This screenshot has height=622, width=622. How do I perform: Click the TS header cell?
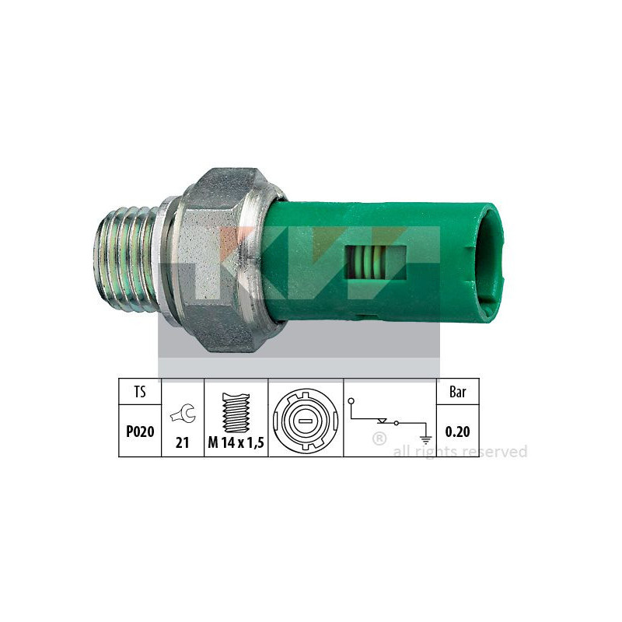pos(140,392)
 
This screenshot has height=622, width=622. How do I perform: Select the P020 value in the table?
pos(140,432)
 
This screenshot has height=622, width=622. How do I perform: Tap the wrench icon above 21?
pos(183,414)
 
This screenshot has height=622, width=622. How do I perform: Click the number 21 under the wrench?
pos(182,442)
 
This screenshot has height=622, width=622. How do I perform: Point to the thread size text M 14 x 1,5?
pos(236,442)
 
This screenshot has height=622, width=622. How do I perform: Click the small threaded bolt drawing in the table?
pos(236,413)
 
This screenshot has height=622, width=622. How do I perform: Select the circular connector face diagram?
pos(306,421)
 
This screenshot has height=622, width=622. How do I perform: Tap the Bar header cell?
pos(458,392)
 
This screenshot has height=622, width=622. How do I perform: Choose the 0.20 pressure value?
pos(457,432)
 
